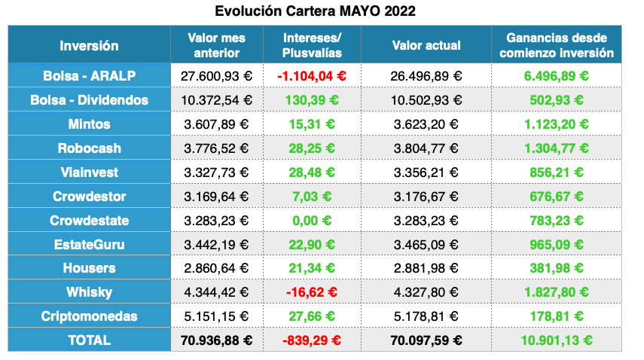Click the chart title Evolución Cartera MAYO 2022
pos(314,11)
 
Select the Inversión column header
pos(89,45)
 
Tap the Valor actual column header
pos(426,45)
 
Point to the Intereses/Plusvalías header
pos(312,45)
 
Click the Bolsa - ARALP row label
pos(89,75)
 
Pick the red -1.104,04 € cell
pos(312,75)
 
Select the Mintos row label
pos(89,124)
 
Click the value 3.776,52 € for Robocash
pos(217,148)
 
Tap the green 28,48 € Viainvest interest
pos(312,172)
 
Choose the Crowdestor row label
pos(89,196)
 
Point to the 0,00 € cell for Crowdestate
pos(312,220)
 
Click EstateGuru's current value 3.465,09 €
pos(426,244)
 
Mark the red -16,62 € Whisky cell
pos(312,292)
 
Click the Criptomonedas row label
pos(89,316)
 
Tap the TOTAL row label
pos(89,340)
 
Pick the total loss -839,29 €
pos(312,340)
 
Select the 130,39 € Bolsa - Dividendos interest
pos(312,99)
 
